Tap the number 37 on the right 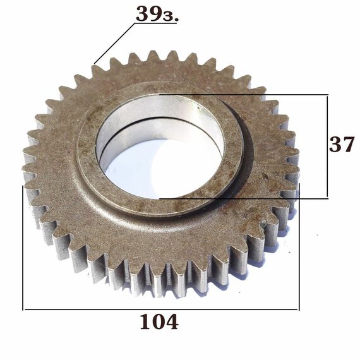tap(342, 144)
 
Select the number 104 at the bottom tap(159, 321)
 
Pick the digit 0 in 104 tap(159, 321)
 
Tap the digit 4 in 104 tap(172, 321)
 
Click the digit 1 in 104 tap(145, 321)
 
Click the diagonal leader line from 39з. tap(114, 43)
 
